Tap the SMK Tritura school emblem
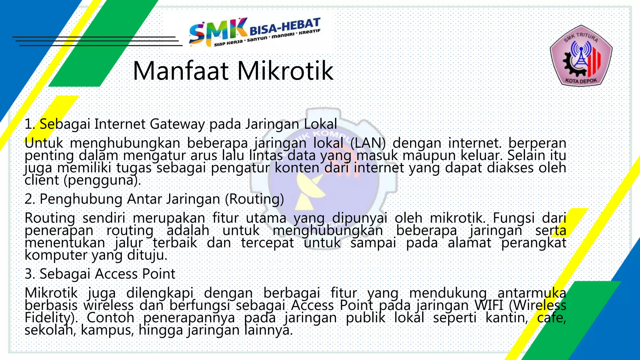tap(581, 56)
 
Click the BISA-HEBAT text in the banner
tap(285, 27)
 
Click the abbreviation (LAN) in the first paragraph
tap(367, 143)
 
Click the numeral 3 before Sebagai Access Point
tap(29, 274)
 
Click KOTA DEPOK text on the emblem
tap(581, 81)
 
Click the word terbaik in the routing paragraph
tap(175, 243)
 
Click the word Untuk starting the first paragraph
tap(44, 143)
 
